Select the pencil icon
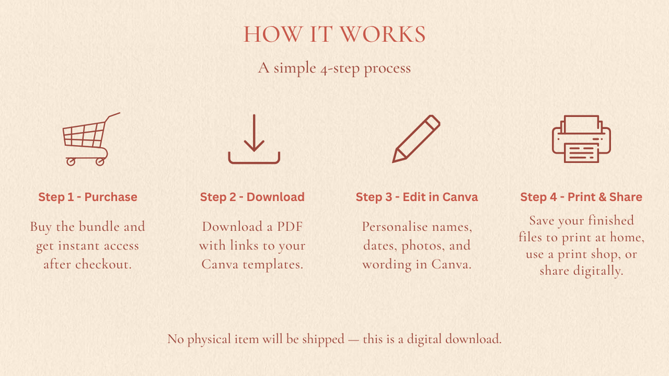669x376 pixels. point(416,139)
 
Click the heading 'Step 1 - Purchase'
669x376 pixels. point(88,197)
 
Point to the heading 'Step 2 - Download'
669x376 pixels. point(252,197)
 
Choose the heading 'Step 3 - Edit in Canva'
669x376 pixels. point(417,197)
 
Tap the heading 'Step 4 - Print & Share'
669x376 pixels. point(581,197)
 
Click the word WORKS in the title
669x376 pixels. point(383,35)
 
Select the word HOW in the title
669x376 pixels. point(273,35)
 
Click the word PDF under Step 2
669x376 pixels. point(290,226)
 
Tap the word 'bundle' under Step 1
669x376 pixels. point(99,226)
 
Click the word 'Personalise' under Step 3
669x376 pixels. point(394,226)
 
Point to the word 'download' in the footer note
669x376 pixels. point(473,339)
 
